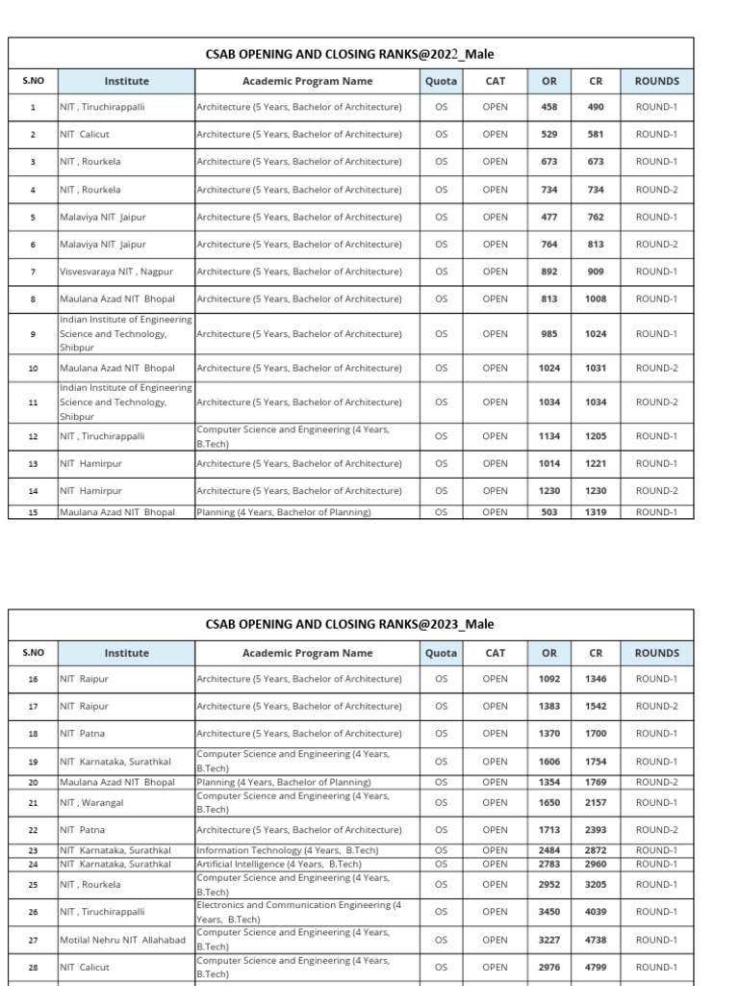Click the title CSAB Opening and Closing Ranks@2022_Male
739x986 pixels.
[349, 54]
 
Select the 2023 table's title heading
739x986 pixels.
[349, 624]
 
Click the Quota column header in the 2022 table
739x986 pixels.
[441, 82]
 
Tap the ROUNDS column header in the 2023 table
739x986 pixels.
[656, 653]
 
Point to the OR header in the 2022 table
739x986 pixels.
[548, 82]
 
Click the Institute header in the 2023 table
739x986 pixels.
[126, 653]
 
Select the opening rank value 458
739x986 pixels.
[548, 107]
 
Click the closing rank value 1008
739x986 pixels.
[596, 299]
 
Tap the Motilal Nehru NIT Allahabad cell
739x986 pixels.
[122, 940]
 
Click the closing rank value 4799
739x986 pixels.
[596, 967]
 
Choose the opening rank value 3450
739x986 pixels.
[548, 912]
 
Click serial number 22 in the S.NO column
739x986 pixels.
[33, 830]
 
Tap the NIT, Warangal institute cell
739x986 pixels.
[91, 802]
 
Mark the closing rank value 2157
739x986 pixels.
[596, 802]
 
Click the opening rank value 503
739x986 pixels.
[548, 512]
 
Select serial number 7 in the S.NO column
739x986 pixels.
[33, 272]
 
